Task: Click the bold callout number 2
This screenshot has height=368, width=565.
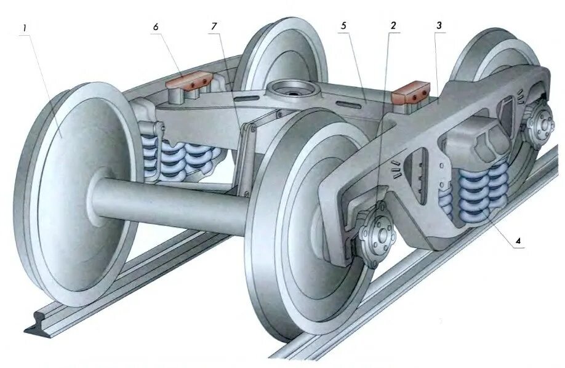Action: pos(392,26)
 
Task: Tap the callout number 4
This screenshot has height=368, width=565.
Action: pos(518,241)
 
